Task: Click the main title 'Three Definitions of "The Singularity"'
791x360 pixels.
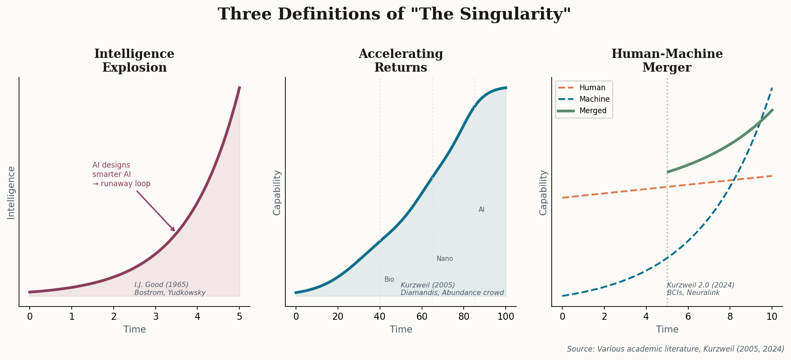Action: (394, 14)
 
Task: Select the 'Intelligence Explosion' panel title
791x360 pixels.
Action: (134, 61)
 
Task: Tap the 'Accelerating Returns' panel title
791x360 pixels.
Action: (400, 61)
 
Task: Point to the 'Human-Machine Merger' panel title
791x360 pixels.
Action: (667, 61)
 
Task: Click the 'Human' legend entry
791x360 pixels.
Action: (592, 88)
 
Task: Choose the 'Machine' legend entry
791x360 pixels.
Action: (594, 99)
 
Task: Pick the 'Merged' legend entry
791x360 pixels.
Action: (593, 111)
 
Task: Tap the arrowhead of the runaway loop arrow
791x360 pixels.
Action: (174, 230)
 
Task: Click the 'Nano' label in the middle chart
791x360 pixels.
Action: (445, 259)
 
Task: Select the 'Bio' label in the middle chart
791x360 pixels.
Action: (389, 280)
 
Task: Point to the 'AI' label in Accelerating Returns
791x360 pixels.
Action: (481, 210)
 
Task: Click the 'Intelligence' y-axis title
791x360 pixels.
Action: (11, 192)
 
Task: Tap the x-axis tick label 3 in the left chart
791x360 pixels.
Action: (156, 316)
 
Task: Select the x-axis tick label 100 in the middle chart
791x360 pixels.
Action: (506, 316)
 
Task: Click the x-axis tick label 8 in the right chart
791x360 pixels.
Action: (730, 316)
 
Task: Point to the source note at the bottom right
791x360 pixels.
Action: (676, 349)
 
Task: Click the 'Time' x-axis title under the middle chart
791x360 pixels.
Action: (401, 329)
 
